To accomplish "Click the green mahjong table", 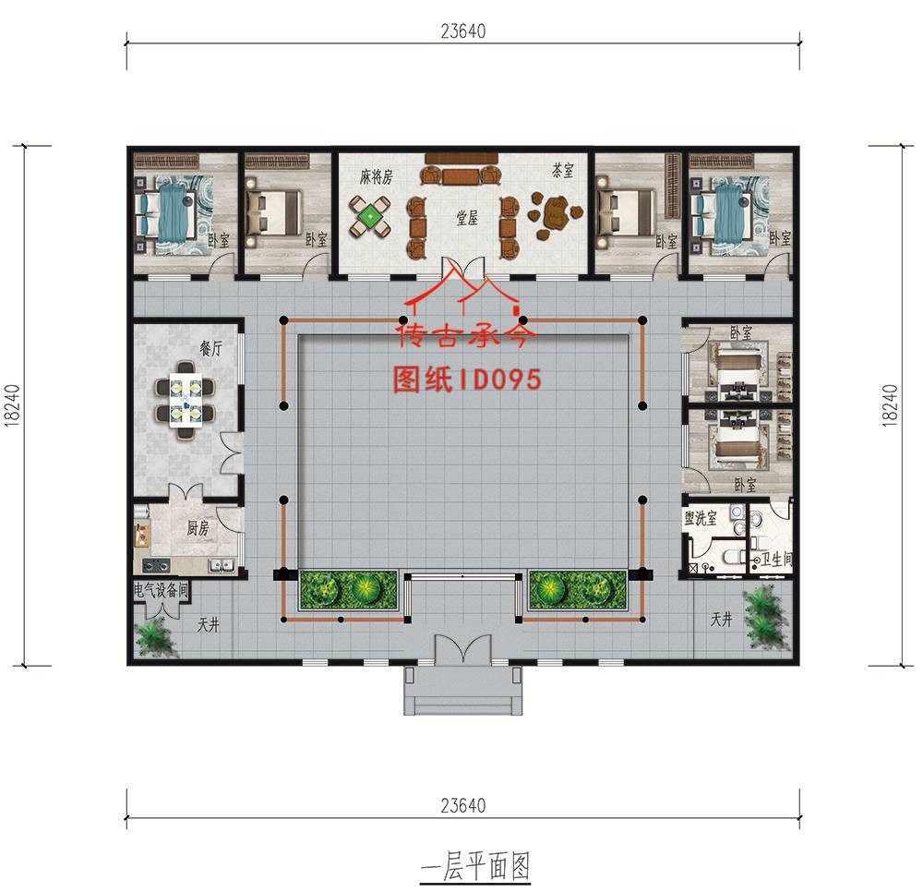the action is click(x=370, y=217).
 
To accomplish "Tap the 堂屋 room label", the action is click(x=467, y=218).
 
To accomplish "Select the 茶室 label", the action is click(x=563, y=170).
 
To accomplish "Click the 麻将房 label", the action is click(x=377, y=176).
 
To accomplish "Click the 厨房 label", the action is click(x=198, y=528).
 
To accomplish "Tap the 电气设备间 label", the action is click(x=161, y=589).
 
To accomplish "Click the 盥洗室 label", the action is click(x=701, y=518).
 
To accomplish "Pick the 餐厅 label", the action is click(x=210, y=348).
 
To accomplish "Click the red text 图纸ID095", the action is click(x=467, y=380).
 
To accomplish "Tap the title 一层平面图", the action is click(x=475, y=867).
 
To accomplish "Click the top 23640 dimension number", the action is click(x=463, y=31).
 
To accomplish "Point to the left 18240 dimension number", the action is click(x=12, y=405).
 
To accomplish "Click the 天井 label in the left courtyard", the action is click(x=208, y=624).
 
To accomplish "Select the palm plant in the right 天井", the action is click(x=764, y=619).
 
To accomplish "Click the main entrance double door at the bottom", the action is click(x=462, y=649).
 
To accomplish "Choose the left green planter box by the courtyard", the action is click(x=349, y=589).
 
